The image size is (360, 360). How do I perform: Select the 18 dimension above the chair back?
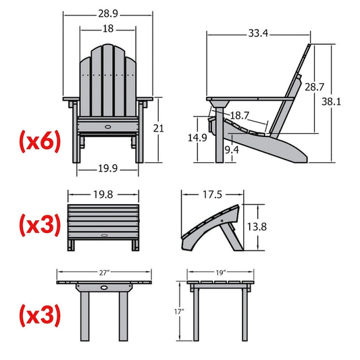(x=108, y=29)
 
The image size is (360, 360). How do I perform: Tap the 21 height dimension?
(x=178, y=128)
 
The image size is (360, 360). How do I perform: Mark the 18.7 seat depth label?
(x=241, y=117)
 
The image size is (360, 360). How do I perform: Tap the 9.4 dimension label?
(x=232, y=149)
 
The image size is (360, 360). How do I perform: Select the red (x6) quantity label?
(x=39, y=141)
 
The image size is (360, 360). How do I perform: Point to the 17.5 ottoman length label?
(x=211, y=195)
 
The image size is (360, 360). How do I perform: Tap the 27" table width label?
(x=103, y=273)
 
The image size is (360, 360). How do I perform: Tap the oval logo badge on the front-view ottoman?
(x=104, y=235)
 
